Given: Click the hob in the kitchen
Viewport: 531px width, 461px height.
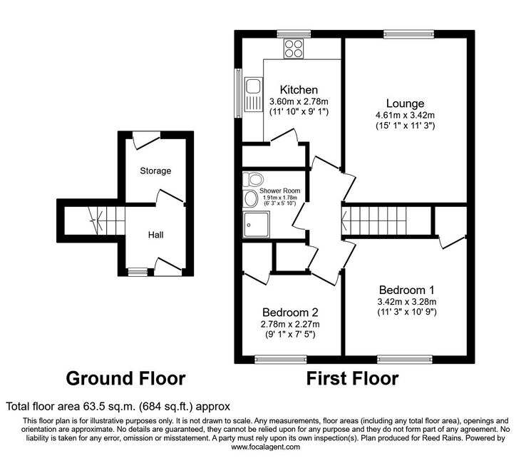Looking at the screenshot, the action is (x=294, y=49).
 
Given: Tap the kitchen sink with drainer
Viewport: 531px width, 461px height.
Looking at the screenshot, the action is (x=253, y=95).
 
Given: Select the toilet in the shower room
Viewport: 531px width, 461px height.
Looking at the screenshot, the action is (x=252, y=178).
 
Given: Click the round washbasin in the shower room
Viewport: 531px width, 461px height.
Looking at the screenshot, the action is (x=250, y=198).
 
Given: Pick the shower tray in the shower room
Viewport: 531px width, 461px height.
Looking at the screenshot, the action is (x=256, y=224).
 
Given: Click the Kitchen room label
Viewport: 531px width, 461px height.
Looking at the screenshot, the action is (x=299, y=90).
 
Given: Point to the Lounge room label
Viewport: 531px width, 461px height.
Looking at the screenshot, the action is (x=405, y=103).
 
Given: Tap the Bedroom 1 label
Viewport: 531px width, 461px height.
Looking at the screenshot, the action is (x=406, y=290).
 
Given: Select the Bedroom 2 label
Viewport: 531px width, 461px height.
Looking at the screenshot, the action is (x=290, y=312).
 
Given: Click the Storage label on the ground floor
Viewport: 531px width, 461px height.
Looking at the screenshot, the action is (x=155, y=171).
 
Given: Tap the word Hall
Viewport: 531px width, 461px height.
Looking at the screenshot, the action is (x=156, y=235).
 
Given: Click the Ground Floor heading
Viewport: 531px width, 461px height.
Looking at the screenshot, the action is (x=125, y=378).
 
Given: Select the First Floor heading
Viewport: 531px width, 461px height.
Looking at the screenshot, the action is (x=353, y=378).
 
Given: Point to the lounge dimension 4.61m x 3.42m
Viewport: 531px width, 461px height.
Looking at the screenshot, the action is (x=405, y=115).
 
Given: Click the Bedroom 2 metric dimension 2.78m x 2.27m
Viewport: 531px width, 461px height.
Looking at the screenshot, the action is (x=290, y=324).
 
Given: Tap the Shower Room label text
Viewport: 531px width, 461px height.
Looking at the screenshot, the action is (x=279, y=191).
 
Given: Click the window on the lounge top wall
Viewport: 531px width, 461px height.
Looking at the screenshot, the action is (x=408, y=34).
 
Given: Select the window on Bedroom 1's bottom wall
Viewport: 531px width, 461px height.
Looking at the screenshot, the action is (x=405, y=359).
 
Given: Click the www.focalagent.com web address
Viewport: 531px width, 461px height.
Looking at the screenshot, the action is (x=265, y=447).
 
